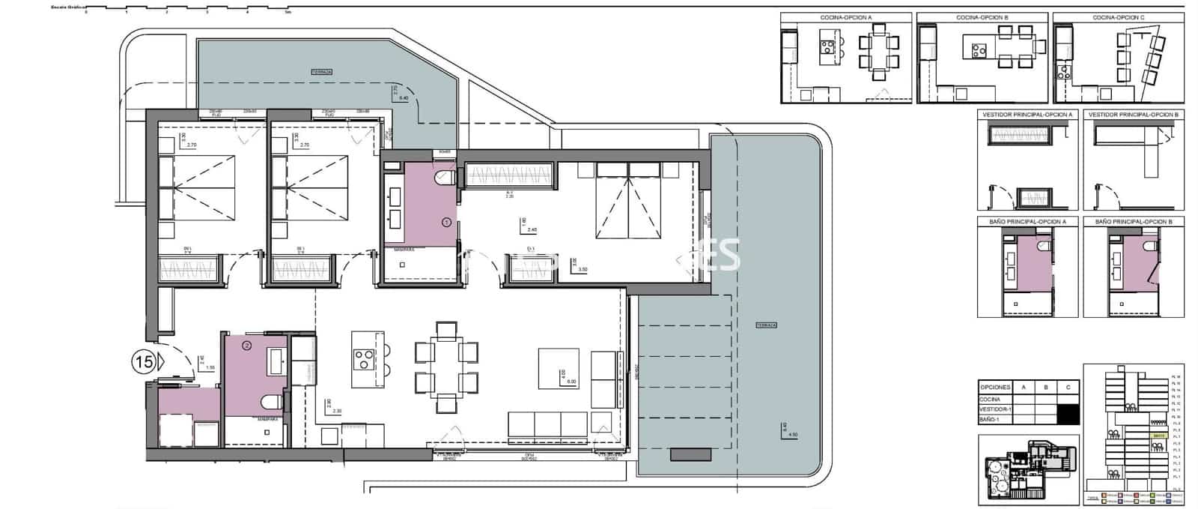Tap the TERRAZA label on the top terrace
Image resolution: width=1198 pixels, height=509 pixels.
coord(321,72)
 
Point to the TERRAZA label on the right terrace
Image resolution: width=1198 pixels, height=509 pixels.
coord(766,325)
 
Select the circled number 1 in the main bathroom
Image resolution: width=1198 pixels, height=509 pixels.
coord(447,222)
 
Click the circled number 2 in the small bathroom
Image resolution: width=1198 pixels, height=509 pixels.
coord(246,346)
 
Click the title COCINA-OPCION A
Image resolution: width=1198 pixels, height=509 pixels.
coord(846,17)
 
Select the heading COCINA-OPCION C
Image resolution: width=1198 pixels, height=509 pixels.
coord(1118,17)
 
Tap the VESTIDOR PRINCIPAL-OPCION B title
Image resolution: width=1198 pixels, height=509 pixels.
coord(1134,115)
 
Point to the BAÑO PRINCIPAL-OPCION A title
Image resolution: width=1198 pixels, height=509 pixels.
coord(1027,222)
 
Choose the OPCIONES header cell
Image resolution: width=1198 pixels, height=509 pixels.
coord(994,388)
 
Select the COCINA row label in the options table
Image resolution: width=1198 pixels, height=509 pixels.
coord(990,400)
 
